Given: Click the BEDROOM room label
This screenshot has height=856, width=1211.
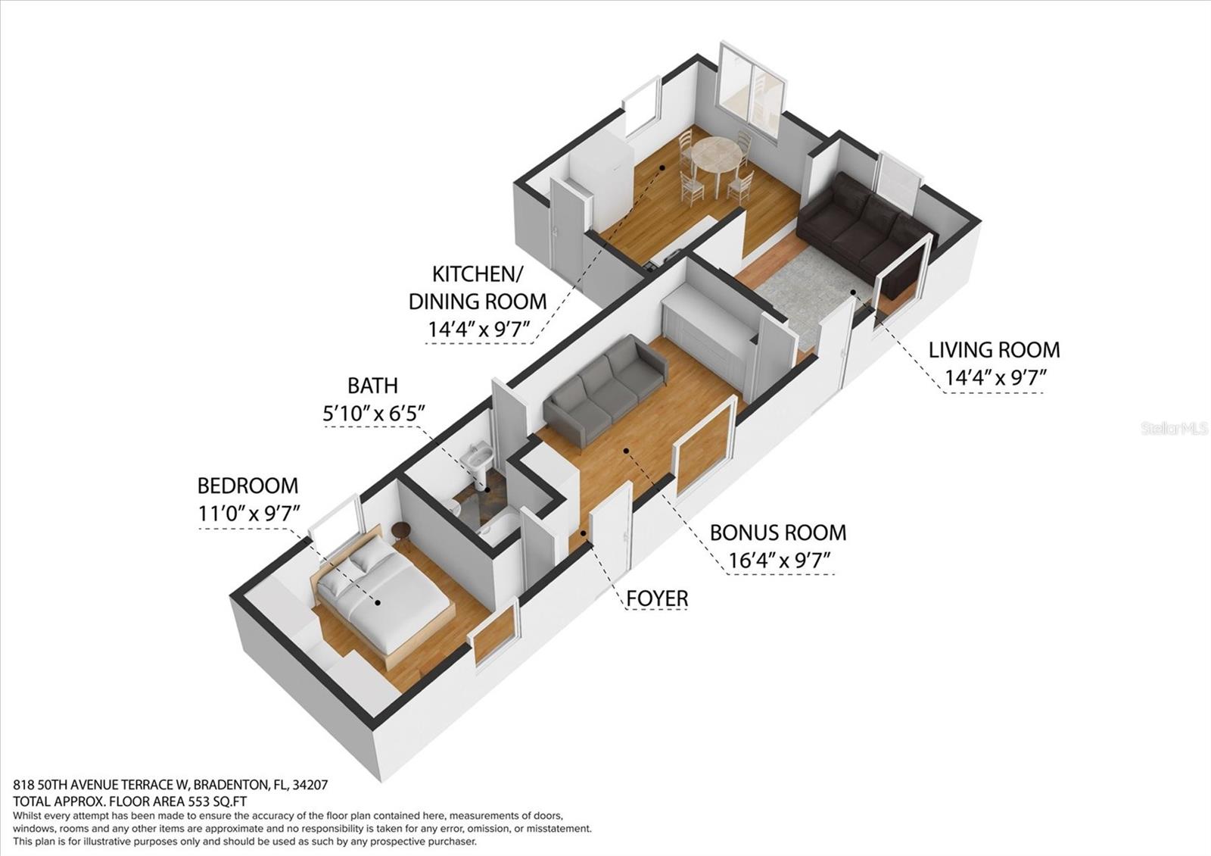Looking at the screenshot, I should pyautogui.click(x=247, y=486).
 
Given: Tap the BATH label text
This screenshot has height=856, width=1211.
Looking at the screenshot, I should pyautogui.click(x=372, y=386).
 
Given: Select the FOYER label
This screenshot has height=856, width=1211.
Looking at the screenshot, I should pyautogui.click(x=657, y=598).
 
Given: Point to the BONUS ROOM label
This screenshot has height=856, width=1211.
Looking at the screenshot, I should pyautogui.click(x=777, y=533).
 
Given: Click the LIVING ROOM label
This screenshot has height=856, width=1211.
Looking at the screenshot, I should pyautogui.click(x=994, y=350).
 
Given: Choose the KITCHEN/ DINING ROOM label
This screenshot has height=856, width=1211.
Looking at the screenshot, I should pyautogui.click(x=477, y=287).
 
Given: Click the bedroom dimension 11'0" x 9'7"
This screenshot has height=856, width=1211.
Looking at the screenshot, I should pyautogui.click(x=249, y=513).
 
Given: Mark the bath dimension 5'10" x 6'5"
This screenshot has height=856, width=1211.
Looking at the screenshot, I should pyautogui.click(x=374, y=413).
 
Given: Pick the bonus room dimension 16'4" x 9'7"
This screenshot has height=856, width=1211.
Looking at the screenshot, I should pyautogui.click(x=780, y=561).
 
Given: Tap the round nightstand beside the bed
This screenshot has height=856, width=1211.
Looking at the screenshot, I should pyautogui.click(x=401, y=533).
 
